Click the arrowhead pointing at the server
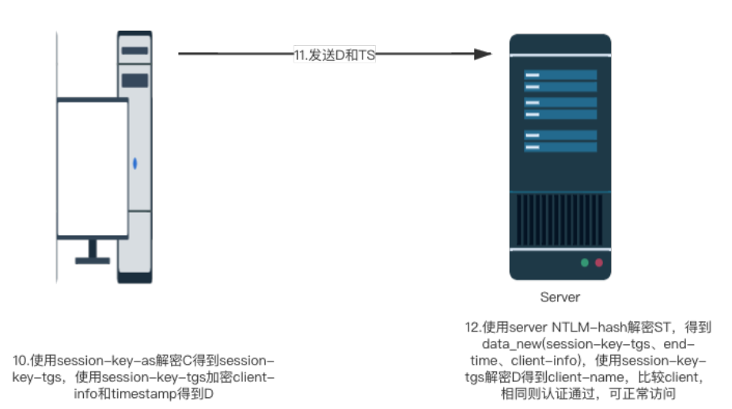pos(483,54)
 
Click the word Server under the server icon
pos(559,297)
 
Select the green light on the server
pos(585,262)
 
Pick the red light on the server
pos(599,262)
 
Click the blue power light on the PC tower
pos(135,164)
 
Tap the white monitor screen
pos(92,169)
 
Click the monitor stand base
pos(93,259)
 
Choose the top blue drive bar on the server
pos(560,75)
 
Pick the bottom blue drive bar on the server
pos(560,147)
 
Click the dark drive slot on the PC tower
pos(135,80)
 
